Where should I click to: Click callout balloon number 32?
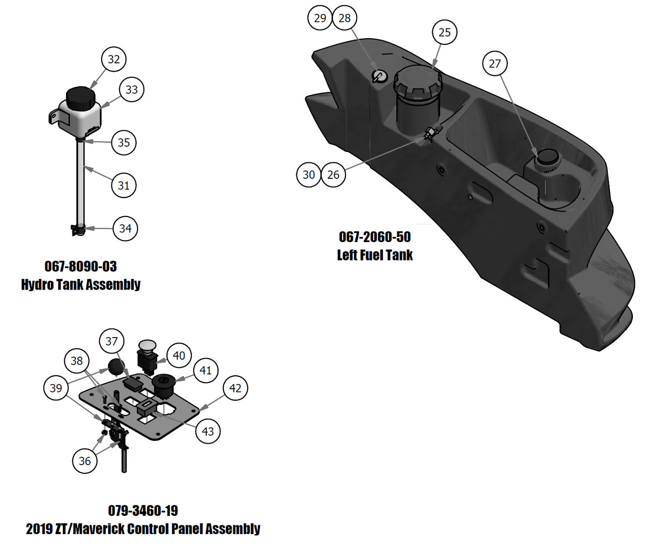click(114, 59)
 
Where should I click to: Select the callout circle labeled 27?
click(495, 63)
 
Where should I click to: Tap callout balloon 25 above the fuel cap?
click(445, 32)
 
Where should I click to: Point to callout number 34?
click(125, 228)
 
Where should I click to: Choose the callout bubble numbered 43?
click(208, 431)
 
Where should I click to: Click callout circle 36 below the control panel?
click(85, 461)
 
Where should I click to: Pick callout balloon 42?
click(235, 388)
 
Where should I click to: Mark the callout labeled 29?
click(320, 18)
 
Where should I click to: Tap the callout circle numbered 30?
click(309, 175)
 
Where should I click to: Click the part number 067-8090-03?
click(81, 266)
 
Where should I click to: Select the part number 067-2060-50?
click(375, 237)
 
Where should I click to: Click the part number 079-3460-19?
click(143, 511)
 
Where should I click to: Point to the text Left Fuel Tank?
click(375, 255)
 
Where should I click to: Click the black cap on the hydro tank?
click(81, 97)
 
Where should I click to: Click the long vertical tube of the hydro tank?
click(80, 182)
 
